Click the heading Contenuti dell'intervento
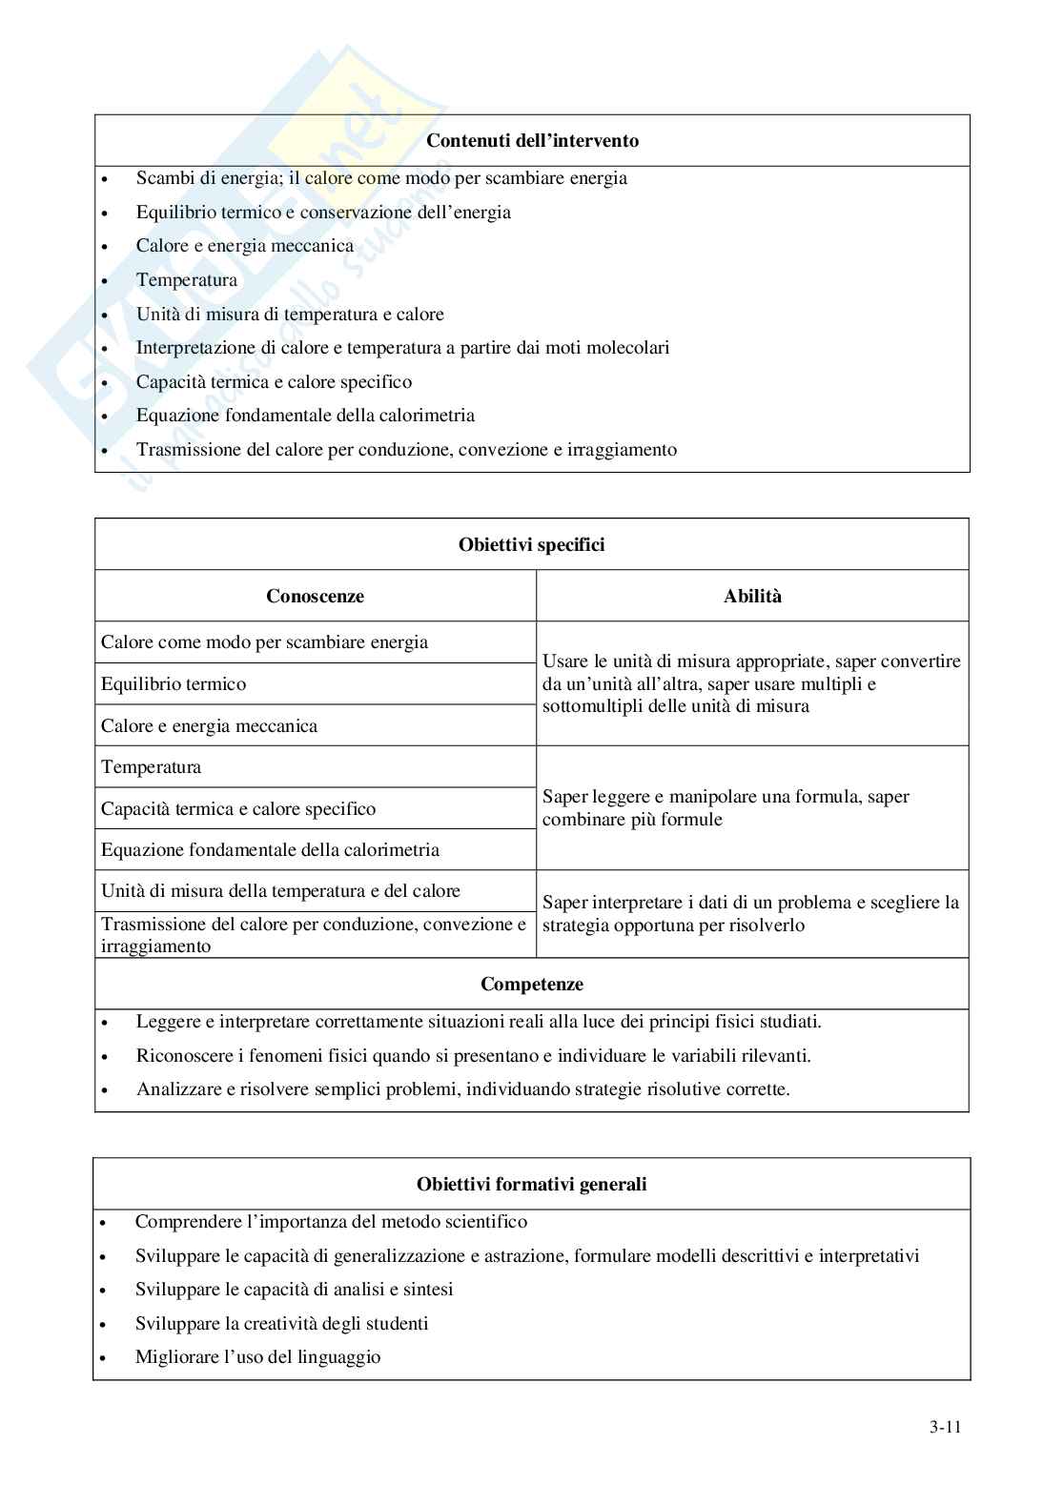click(x=532, y=141)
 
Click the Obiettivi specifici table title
click(x=531, y=545)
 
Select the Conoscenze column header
click(x=315, y=597)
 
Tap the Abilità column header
click(x=752, y=597)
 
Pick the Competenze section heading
click(x=531, y=985)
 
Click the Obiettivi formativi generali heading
click(x=531, y=1185)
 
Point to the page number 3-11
click(x=945, y=1427)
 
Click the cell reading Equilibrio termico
click(x=174, y=684)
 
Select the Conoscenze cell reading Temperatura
click(x=151, y=767)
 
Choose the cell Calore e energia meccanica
click(x=209, y=726)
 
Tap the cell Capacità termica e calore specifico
click(x=238, y=809)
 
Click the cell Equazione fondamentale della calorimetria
click(x=270, y=850)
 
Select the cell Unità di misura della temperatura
click(x=280, y=891)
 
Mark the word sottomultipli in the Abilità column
click(x=592, y=706)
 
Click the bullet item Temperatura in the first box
click(x=186, y=280)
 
